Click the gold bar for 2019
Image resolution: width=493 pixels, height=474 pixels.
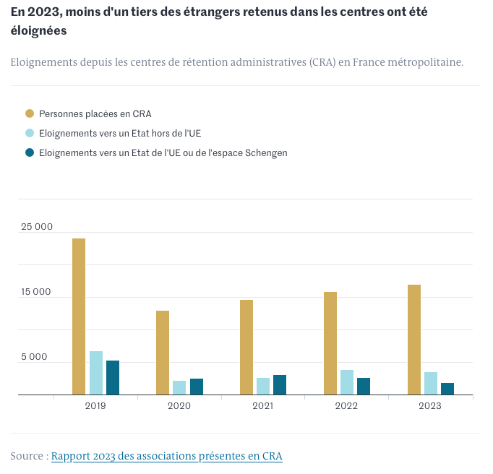pyautogui.click(x=79, y=316)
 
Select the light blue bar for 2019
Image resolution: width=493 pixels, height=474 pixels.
pyautogui.click(x=96, y=373)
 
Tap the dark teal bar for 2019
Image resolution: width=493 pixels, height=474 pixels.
pyautogui.click(x=113, y=377)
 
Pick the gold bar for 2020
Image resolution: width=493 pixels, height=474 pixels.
pyautogui.click(x=163, y=353)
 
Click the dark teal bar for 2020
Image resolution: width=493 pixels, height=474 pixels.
pyautogui.click(x=197, y=387)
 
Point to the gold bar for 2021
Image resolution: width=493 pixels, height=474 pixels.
pyautogui.click(x=246, y=347)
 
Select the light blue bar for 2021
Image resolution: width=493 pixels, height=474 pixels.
pyautogui.click(x=263, y=387)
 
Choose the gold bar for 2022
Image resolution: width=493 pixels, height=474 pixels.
pyautogui.click(x=330, y=343)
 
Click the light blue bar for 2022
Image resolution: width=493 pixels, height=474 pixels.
pyautogui.click(x=347, y=382)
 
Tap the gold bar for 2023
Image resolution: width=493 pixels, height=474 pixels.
pyautogui.click(x=414, y=340)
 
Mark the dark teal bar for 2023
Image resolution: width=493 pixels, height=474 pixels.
pyautogui.click(x=447, y=389)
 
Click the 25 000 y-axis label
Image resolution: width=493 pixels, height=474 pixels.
pyautogui.click(x=37, y=227)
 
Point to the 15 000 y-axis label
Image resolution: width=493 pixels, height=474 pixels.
pyautogui.click(x=37, y=292)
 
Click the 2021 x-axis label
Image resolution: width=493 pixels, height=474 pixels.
pyautogui.click(x=263, y=406)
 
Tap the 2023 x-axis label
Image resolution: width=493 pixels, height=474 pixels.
pyautogui.click(x=430, y=406)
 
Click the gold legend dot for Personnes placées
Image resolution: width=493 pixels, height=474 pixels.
pyautogui.click(x=30, y=113)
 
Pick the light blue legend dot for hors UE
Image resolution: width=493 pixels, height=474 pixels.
pyautogui.click(x=30, y=133)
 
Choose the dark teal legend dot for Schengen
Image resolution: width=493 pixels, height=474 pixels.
pyautogui.click(x=30, y=152)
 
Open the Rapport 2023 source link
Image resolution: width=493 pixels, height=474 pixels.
pyautogui.click(x=166, y=456)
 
